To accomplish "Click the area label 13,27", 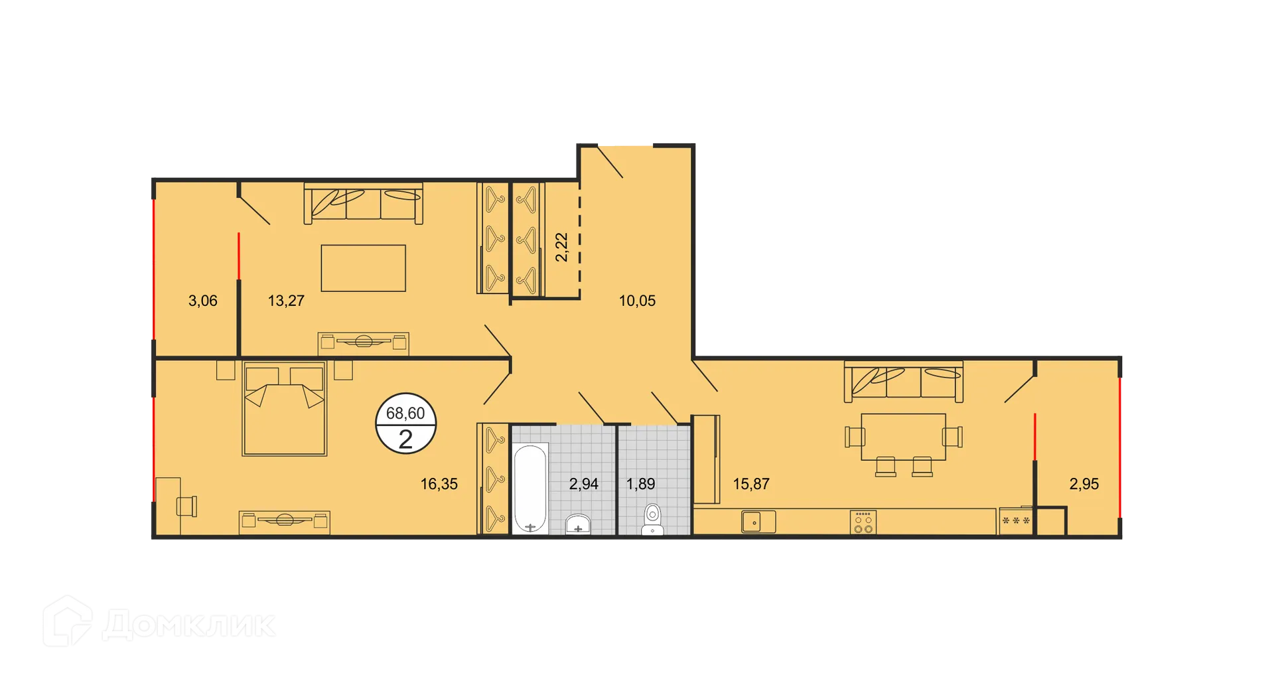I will [x=286, y=301].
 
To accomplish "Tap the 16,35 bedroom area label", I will [x=439, y=484].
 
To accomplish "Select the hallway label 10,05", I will [x=637, y=301].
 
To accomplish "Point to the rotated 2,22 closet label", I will [x=561, y=247].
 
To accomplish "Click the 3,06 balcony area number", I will [x=203, y=301].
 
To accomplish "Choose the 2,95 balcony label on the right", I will [x=1084, y=484].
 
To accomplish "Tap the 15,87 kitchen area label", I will [x=751, y=484].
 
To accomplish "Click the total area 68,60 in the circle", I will [x=405, y=414].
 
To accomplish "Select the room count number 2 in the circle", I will [x=405, y=439].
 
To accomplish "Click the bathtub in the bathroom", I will [x=530, y=489].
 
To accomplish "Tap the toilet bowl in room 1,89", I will [x=653, y=518].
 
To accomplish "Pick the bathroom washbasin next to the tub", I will [x=578, y=524].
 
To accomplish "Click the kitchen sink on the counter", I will [x=758, y=522].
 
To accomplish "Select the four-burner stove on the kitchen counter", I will [x=863, y=522].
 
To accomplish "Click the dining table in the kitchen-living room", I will [x=903, y=436].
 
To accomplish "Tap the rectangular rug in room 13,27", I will [x=363, y=268].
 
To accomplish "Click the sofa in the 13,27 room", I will [x=363, y=202].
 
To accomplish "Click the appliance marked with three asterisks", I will [x=1016, y=522].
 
